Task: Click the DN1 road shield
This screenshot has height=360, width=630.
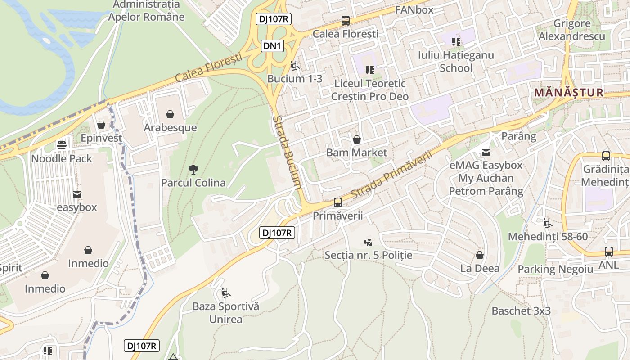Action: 273,45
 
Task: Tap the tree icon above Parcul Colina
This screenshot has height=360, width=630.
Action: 193,170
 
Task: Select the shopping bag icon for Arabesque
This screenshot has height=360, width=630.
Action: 170,114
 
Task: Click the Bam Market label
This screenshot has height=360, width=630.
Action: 356,153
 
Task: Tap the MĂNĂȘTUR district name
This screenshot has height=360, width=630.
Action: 568,93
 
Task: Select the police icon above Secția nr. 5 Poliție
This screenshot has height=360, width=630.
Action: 368,242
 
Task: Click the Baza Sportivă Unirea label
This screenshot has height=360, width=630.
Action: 226,313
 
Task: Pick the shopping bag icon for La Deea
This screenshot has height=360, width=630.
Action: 480,255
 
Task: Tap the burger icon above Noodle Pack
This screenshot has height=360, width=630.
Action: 62,145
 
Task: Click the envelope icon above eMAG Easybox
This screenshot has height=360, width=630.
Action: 486,153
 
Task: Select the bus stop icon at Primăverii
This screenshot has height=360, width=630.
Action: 338,202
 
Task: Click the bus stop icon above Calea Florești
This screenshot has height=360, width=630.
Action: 345,20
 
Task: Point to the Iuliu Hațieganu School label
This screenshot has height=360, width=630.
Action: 456,62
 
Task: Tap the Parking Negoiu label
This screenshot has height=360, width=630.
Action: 555,269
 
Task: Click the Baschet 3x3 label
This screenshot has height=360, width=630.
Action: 521,310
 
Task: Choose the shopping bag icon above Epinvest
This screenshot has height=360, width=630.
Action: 101,125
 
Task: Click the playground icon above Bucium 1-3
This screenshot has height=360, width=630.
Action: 295,66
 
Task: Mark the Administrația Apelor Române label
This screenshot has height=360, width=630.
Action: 146,11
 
